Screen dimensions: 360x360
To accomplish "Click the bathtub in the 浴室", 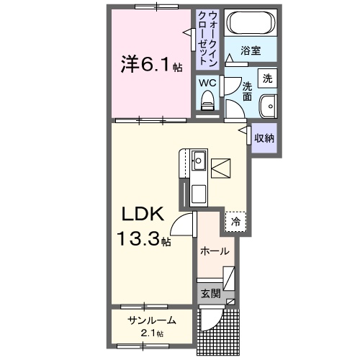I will (x=249, y=24).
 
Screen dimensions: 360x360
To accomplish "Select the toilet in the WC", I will (x=208, y=100).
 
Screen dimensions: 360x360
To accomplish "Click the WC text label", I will (x=208, y=81).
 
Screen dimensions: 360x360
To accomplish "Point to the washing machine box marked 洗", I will (x=267, y=78).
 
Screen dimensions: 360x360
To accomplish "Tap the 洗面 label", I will (x=248, y=90).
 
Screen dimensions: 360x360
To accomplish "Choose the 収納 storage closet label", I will (x=264, y=137).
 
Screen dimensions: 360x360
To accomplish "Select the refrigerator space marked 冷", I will (x=235, y=222).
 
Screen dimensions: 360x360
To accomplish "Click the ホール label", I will (x=215, y=251).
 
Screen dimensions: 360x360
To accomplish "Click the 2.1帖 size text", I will (x=152, y=333).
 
